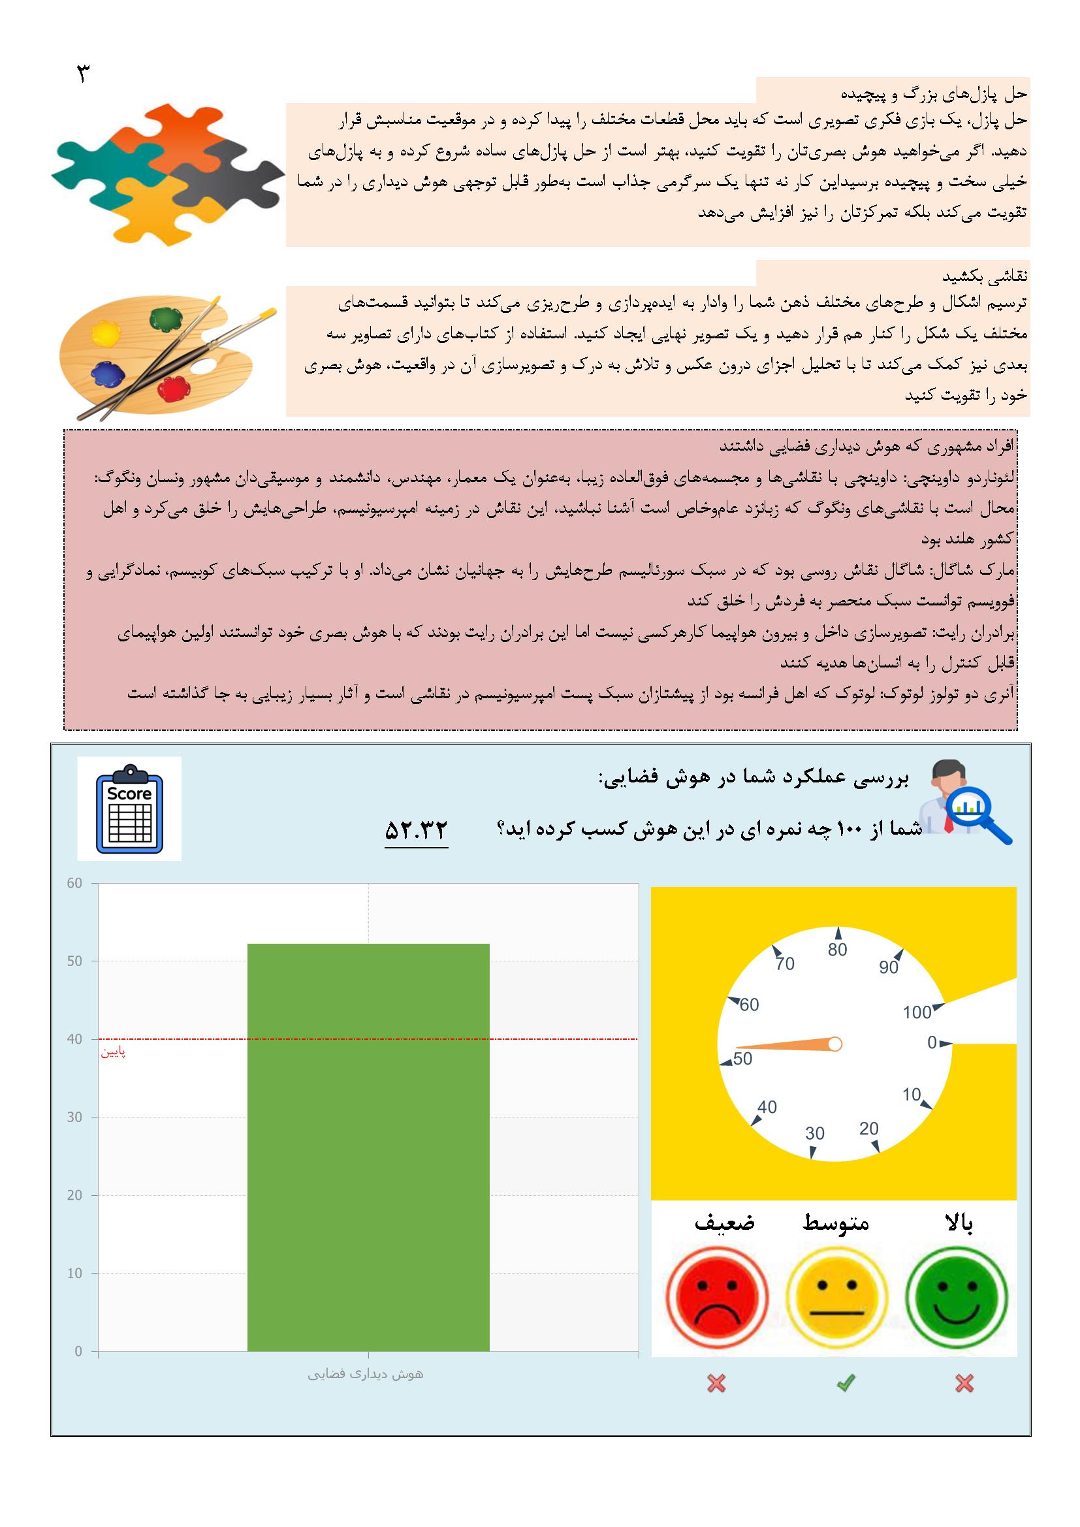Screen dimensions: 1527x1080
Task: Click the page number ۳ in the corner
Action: tap(82, 74)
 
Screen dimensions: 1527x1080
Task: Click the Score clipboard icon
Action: tap(129, 808)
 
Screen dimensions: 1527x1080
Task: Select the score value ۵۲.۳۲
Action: tap(417, 830)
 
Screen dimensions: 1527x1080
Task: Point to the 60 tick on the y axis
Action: tap(74, 883)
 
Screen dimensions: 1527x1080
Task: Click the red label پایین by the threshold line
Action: tap(113, 1053)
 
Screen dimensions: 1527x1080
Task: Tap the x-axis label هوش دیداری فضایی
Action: tap(365, 1374)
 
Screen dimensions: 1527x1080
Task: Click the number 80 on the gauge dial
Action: tap(837, 950)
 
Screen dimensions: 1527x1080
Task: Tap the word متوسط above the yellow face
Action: tap(836, 1223)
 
